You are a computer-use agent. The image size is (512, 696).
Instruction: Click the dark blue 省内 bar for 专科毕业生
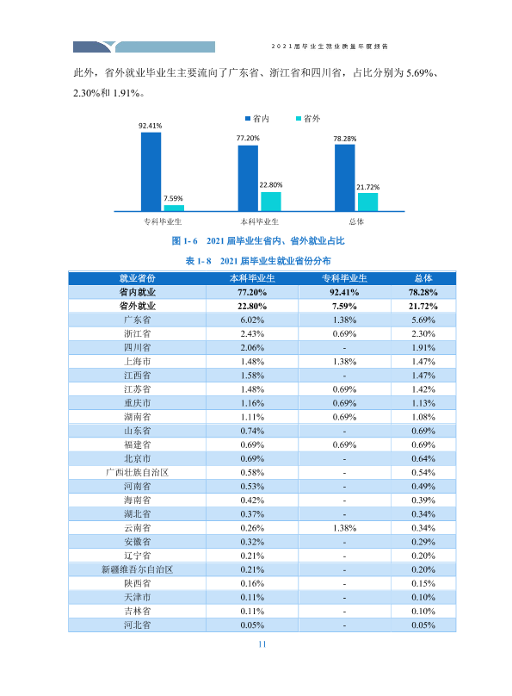pos(151,171)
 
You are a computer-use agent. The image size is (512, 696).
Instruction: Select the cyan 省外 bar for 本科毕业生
pos(270,202)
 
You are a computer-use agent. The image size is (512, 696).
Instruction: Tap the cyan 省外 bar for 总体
pos(367,202)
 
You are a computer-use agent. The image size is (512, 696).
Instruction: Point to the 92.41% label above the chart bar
pos(151,126)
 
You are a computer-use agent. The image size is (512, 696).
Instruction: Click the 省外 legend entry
pos(308,119)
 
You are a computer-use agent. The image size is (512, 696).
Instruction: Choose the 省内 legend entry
pos(257,119)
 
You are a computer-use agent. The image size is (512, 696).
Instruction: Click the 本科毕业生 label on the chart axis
pos(259,221)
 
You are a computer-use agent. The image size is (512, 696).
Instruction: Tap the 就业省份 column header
pos(137,278)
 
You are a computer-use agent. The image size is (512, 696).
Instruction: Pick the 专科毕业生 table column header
pos(344,278)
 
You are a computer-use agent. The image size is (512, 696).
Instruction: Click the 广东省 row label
pos(137,320)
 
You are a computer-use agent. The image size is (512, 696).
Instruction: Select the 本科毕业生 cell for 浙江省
pos(252,334)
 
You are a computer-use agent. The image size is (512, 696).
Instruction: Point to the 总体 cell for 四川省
pos(423,347)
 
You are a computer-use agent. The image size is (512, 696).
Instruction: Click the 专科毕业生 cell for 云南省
pos(344,528)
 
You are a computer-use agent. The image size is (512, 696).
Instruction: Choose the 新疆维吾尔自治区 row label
pos(137,569)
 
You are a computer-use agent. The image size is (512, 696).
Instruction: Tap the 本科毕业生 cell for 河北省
pos(252,625)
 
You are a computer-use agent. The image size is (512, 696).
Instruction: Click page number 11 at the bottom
pos(262,644)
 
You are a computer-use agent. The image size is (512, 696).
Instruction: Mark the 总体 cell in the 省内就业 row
pos(423,292)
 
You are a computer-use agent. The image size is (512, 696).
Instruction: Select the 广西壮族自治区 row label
pos(137,472)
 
